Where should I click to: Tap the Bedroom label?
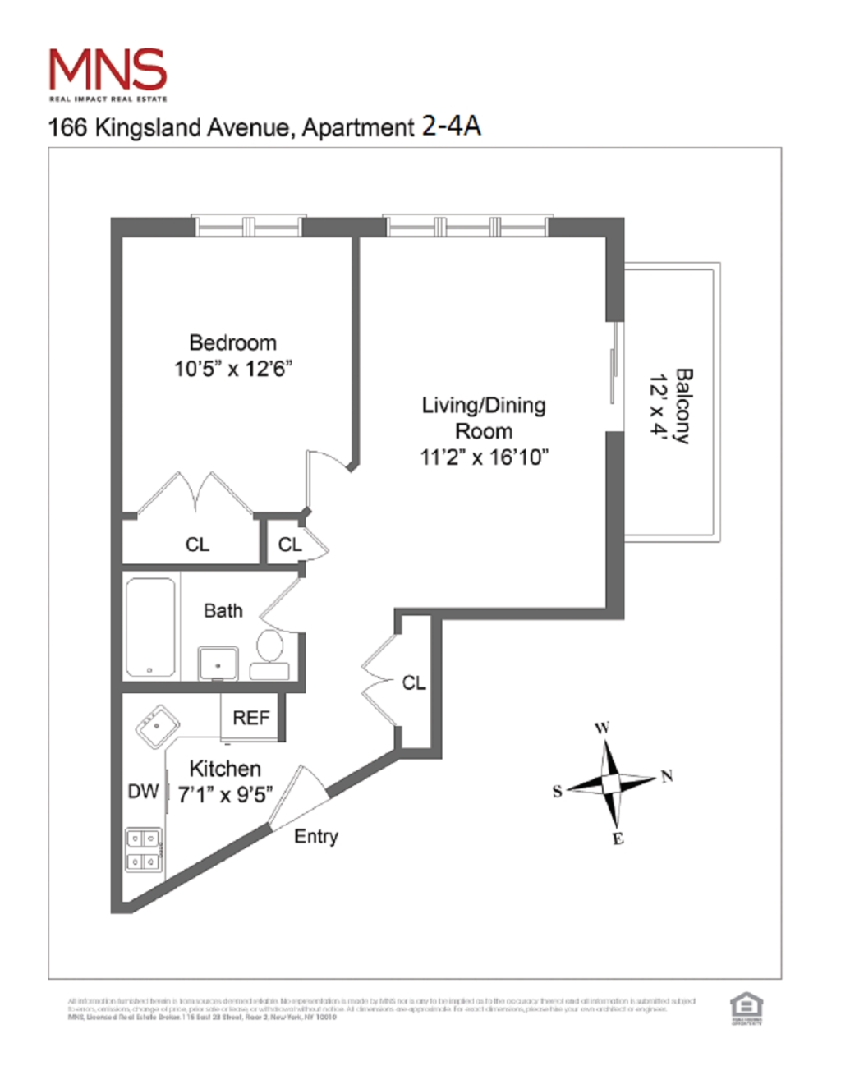point(232,342)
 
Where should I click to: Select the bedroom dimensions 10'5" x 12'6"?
point(232,369)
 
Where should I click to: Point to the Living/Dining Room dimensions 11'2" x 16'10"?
point(484,457)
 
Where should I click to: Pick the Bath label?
point(223,610)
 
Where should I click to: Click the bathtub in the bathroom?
point(150,627)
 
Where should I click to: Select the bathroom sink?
point(218,663)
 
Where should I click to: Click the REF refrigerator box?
point(250,718)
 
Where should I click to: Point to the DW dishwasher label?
point(143,791)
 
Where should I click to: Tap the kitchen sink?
point(157,727)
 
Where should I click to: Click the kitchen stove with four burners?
point(143,850)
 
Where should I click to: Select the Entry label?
point(316,836)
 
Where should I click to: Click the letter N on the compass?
point(667,776)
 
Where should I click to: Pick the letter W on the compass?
point(602,728)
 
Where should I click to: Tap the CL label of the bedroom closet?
point(197,544)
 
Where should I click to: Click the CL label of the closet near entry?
point(414,682)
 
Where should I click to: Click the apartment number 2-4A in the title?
point(451,126)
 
